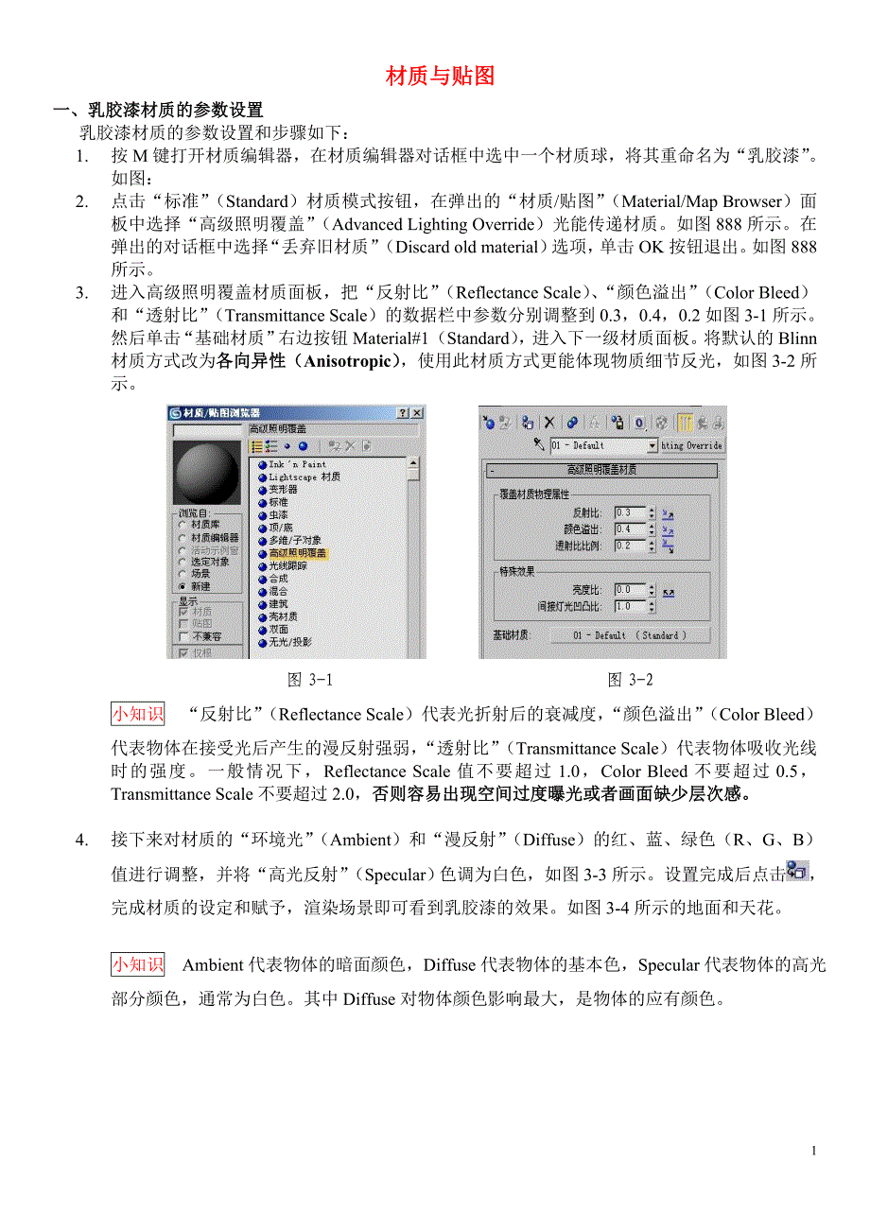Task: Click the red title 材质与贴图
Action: pos(440,77)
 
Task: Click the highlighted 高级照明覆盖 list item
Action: pos(297,553)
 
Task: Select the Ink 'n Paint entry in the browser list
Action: pos(297,464)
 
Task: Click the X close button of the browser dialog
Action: pos(417,413)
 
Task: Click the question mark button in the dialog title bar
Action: pos(403,413)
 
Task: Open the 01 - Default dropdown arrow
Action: pos(652,445)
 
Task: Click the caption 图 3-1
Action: pos(310,680)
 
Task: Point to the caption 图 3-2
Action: pos(630,680)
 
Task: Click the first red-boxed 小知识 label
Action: pos(137,714)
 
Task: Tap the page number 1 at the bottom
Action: pos(812,1151)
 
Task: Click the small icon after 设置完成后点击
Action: pos(797,871)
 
